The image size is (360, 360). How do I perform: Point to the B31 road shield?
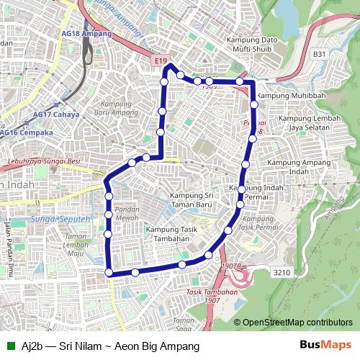(x=319, y=53)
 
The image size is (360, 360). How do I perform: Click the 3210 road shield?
(x=282, y=272)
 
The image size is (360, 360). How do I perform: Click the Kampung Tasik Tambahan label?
(x=171, y=234)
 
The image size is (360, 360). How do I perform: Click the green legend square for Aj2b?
(x=9, y=346)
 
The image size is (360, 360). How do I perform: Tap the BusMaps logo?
(x=326, y=346)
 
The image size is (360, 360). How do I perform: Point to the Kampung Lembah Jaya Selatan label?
(x=305, y=123)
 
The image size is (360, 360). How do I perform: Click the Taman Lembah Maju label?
(x=75, y=244)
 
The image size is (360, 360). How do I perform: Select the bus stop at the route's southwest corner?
(x=109, y=271)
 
